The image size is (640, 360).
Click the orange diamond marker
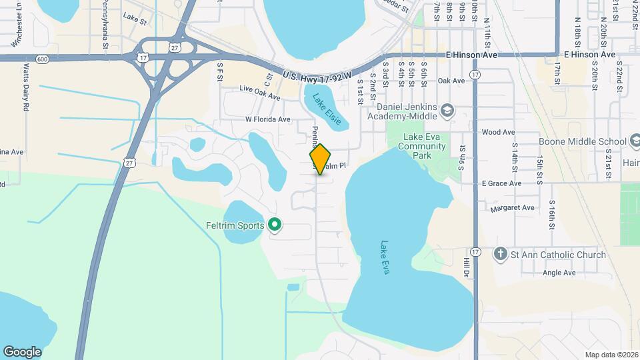click(x=321, y=159)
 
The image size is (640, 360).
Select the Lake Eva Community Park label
click(x=423, y=146)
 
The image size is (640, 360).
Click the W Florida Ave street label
click(x=268, y=119)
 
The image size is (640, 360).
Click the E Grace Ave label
click(x=501, y=183)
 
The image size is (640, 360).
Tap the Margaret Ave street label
click(x=512, y=208)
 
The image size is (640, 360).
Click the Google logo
click(x=22, y=352)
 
